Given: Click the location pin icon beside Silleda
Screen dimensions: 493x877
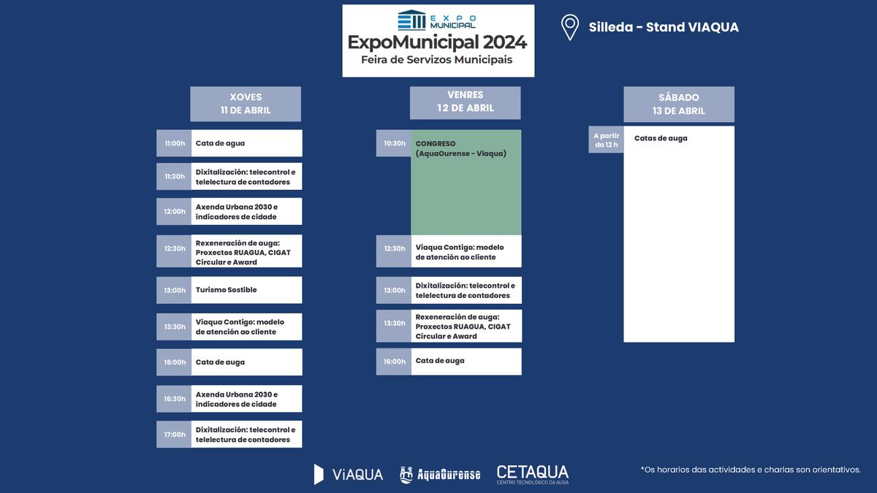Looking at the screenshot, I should pos(570,27).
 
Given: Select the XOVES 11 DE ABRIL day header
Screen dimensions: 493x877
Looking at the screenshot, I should pos(246,104).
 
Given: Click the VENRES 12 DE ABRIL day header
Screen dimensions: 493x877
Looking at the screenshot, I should pos(466,102).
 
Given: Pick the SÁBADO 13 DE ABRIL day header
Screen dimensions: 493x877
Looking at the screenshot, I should pos(679,104).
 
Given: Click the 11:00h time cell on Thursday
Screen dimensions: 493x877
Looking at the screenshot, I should pos(174,143).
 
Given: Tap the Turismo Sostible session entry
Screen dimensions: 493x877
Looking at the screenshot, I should pos(246,290).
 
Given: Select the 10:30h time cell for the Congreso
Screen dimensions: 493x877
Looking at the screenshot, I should pos(394,143).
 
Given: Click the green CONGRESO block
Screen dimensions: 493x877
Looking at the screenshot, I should pos(466,183).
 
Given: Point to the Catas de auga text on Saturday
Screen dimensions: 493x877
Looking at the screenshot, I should pos(661,138).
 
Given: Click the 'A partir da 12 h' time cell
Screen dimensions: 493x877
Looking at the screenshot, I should pos(606,140).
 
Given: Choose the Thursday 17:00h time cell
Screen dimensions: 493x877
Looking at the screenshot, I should pos(174,435).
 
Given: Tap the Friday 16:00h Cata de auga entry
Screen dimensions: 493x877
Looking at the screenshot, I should pos(466,361).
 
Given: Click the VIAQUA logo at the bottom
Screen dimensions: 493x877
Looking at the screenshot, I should pos(349,474).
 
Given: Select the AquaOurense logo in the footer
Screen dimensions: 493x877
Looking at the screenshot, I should pos(440,475).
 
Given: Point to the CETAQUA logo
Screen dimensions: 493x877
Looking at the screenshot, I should pos(532,474).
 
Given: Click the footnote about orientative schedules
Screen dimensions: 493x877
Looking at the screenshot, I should pos(751,470).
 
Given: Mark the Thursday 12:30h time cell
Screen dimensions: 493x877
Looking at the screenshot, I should pos(174,248).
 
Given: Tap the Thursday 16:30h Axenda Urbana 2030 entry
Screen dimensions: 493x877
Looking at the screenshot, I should pos(246,399).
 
